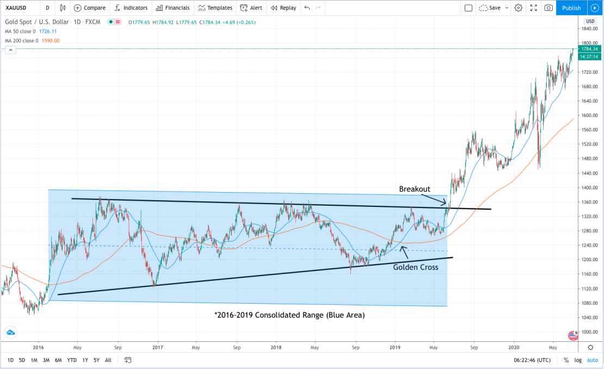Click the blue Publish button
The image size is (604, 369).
[x=571, y=8]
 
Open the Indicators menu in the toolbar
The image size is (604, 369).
[x=131, y=8]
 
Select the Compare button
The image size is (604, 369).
[x=90, y=8]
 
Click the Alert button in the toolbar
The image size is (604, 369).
[x=251, y=8]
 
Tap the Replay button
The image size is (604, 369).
[x=283, y=8]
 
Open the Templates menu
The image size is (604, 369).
[x=215, y=8]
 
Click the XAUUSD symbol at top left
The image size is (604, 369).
[x=16, y=8]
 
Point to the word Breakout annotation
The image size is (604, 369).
[x=415, y=189]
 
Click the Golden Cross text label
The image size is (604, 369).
[x=415, y=267]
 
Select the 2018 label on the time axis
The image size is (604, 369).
[x=276, y=347]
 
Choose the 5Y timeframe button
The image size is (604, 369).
[x=96, y=360]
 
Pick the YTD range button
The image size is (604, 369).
[x=72, y=360]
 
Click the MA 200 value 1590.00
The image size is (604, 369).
[x=51, y=41]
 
